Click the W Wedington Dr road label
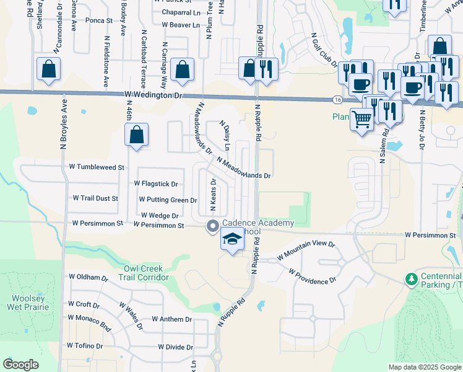point(154,95)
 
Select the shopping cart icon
point(362,118)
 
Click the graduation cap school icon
point(232,239)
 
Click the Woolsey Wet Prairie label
point(25,302)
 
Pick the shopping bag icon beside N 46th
point(137,135)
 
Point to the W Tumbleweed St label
point(97,167)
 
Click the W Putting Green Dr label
point(168,200)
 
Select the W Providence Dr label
point(311,277)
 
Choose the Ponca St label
point(98,37)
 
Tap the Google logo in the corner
point(21,365)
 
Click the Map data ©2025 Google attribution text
point(425,367)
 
